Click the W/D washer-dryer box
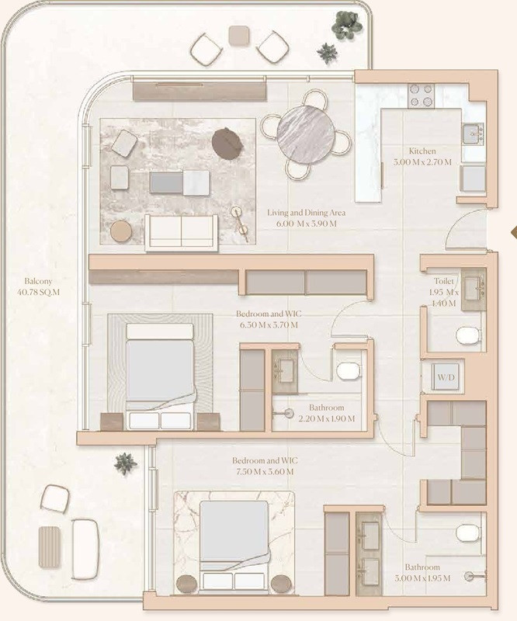click(x=446, y=378)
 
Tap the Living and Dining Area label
click(x=306, y=217)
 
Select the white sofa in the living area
click(x=180, y=231)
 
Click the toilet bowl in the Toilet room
click(x=468, y=335)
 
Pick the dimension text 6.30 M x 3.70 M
click(x=268, y=324)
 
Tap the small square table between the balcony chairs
click(x=238, y=34)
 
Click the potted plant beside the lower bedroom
click(x=125, y=463)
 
